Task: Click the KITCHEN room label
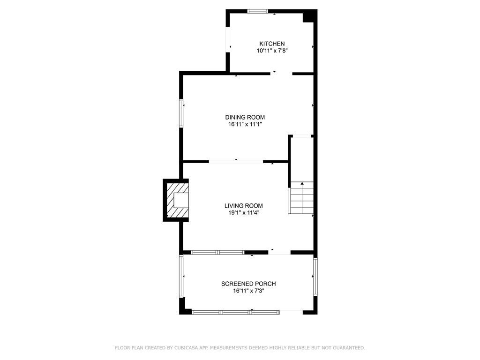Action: [x=272, y=44]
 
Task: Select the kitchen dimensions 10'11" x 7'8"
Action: [x=272, y=51]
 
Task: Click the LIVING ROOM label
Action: [x=243, y=205]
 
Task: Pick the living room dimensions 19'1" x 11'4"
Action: [x=243, y=213]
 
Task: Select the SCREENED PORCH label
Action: [x=248, y=284]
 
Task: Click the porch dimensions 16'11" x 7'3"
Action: [x=248, y=291]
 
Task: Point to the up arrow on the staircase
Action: [x=302, y=184]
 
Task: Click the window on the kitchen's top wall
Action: [x=258, y=11]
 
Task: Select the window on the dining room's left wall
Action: [x=181, y=113]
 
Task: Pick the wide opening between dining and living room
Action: [x=236, y=162]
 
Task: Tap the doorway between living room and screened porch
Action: [x=279, y=253]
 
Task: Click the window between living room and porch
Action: [x=217, y=253]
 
